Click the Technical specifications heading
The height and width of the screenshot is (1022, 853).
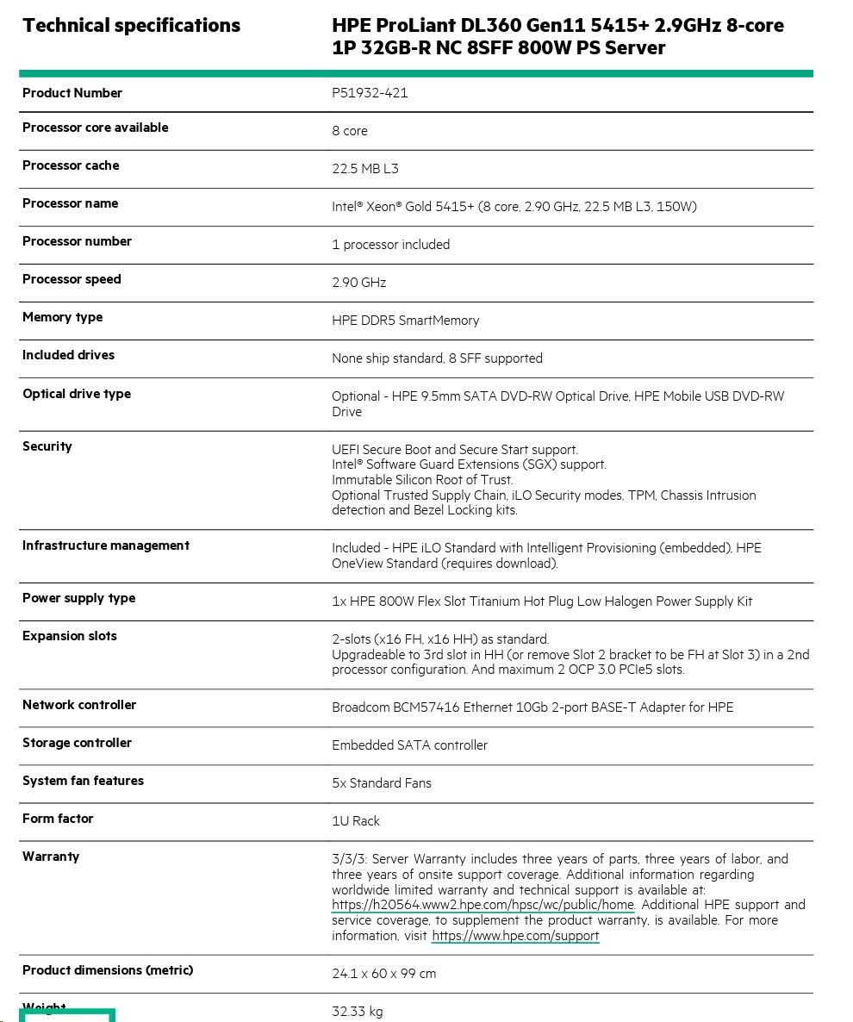pos(131,26)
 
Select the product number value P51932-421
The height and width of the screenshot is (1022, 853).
pos(370,93)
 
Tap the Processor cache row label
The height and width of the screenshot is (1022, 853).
pos(71,165)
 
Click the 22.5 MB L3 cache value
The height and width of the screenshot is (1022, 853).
pos(365,169)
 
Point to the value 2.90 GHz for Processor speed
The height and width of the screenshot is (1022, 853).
pos(358,283)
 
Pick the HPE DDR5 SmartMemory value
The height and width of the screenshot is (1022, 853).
pos(405,321)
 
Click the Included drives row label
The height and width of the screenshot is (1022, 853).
pos(68,355)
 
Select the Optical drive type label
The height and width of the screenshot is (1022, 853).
pos(77,394)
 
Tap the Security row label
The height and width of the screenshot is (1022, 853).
pos(47,446)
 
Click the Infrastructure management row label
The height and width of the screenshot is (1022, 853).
pos(106,545)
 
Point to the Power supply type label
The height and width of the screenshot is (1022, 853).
pos(78,598)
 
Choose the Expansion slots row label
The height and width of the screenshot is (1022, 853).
pos(70,636)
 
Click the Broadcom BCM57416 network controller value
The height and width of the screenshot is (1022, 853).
pos(532,707)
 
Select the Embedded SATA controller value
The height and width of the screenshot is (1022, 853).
pos(409,745)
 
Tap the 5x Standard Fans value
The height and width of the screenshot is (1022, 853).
pos(382,783)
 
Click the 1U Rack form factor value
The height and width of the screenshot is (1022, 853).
pos(356,821)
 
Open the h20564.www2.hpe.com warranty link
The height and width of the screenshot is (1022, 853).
pos(483,905)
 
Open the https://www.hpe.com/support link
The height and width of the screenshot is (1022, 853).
pos(515,936)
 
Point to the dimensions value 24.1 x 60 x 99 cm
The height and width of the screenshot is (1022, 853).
pos(383,974)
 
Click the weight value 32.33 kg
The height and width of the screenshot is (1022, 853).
pos(358,1012)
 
